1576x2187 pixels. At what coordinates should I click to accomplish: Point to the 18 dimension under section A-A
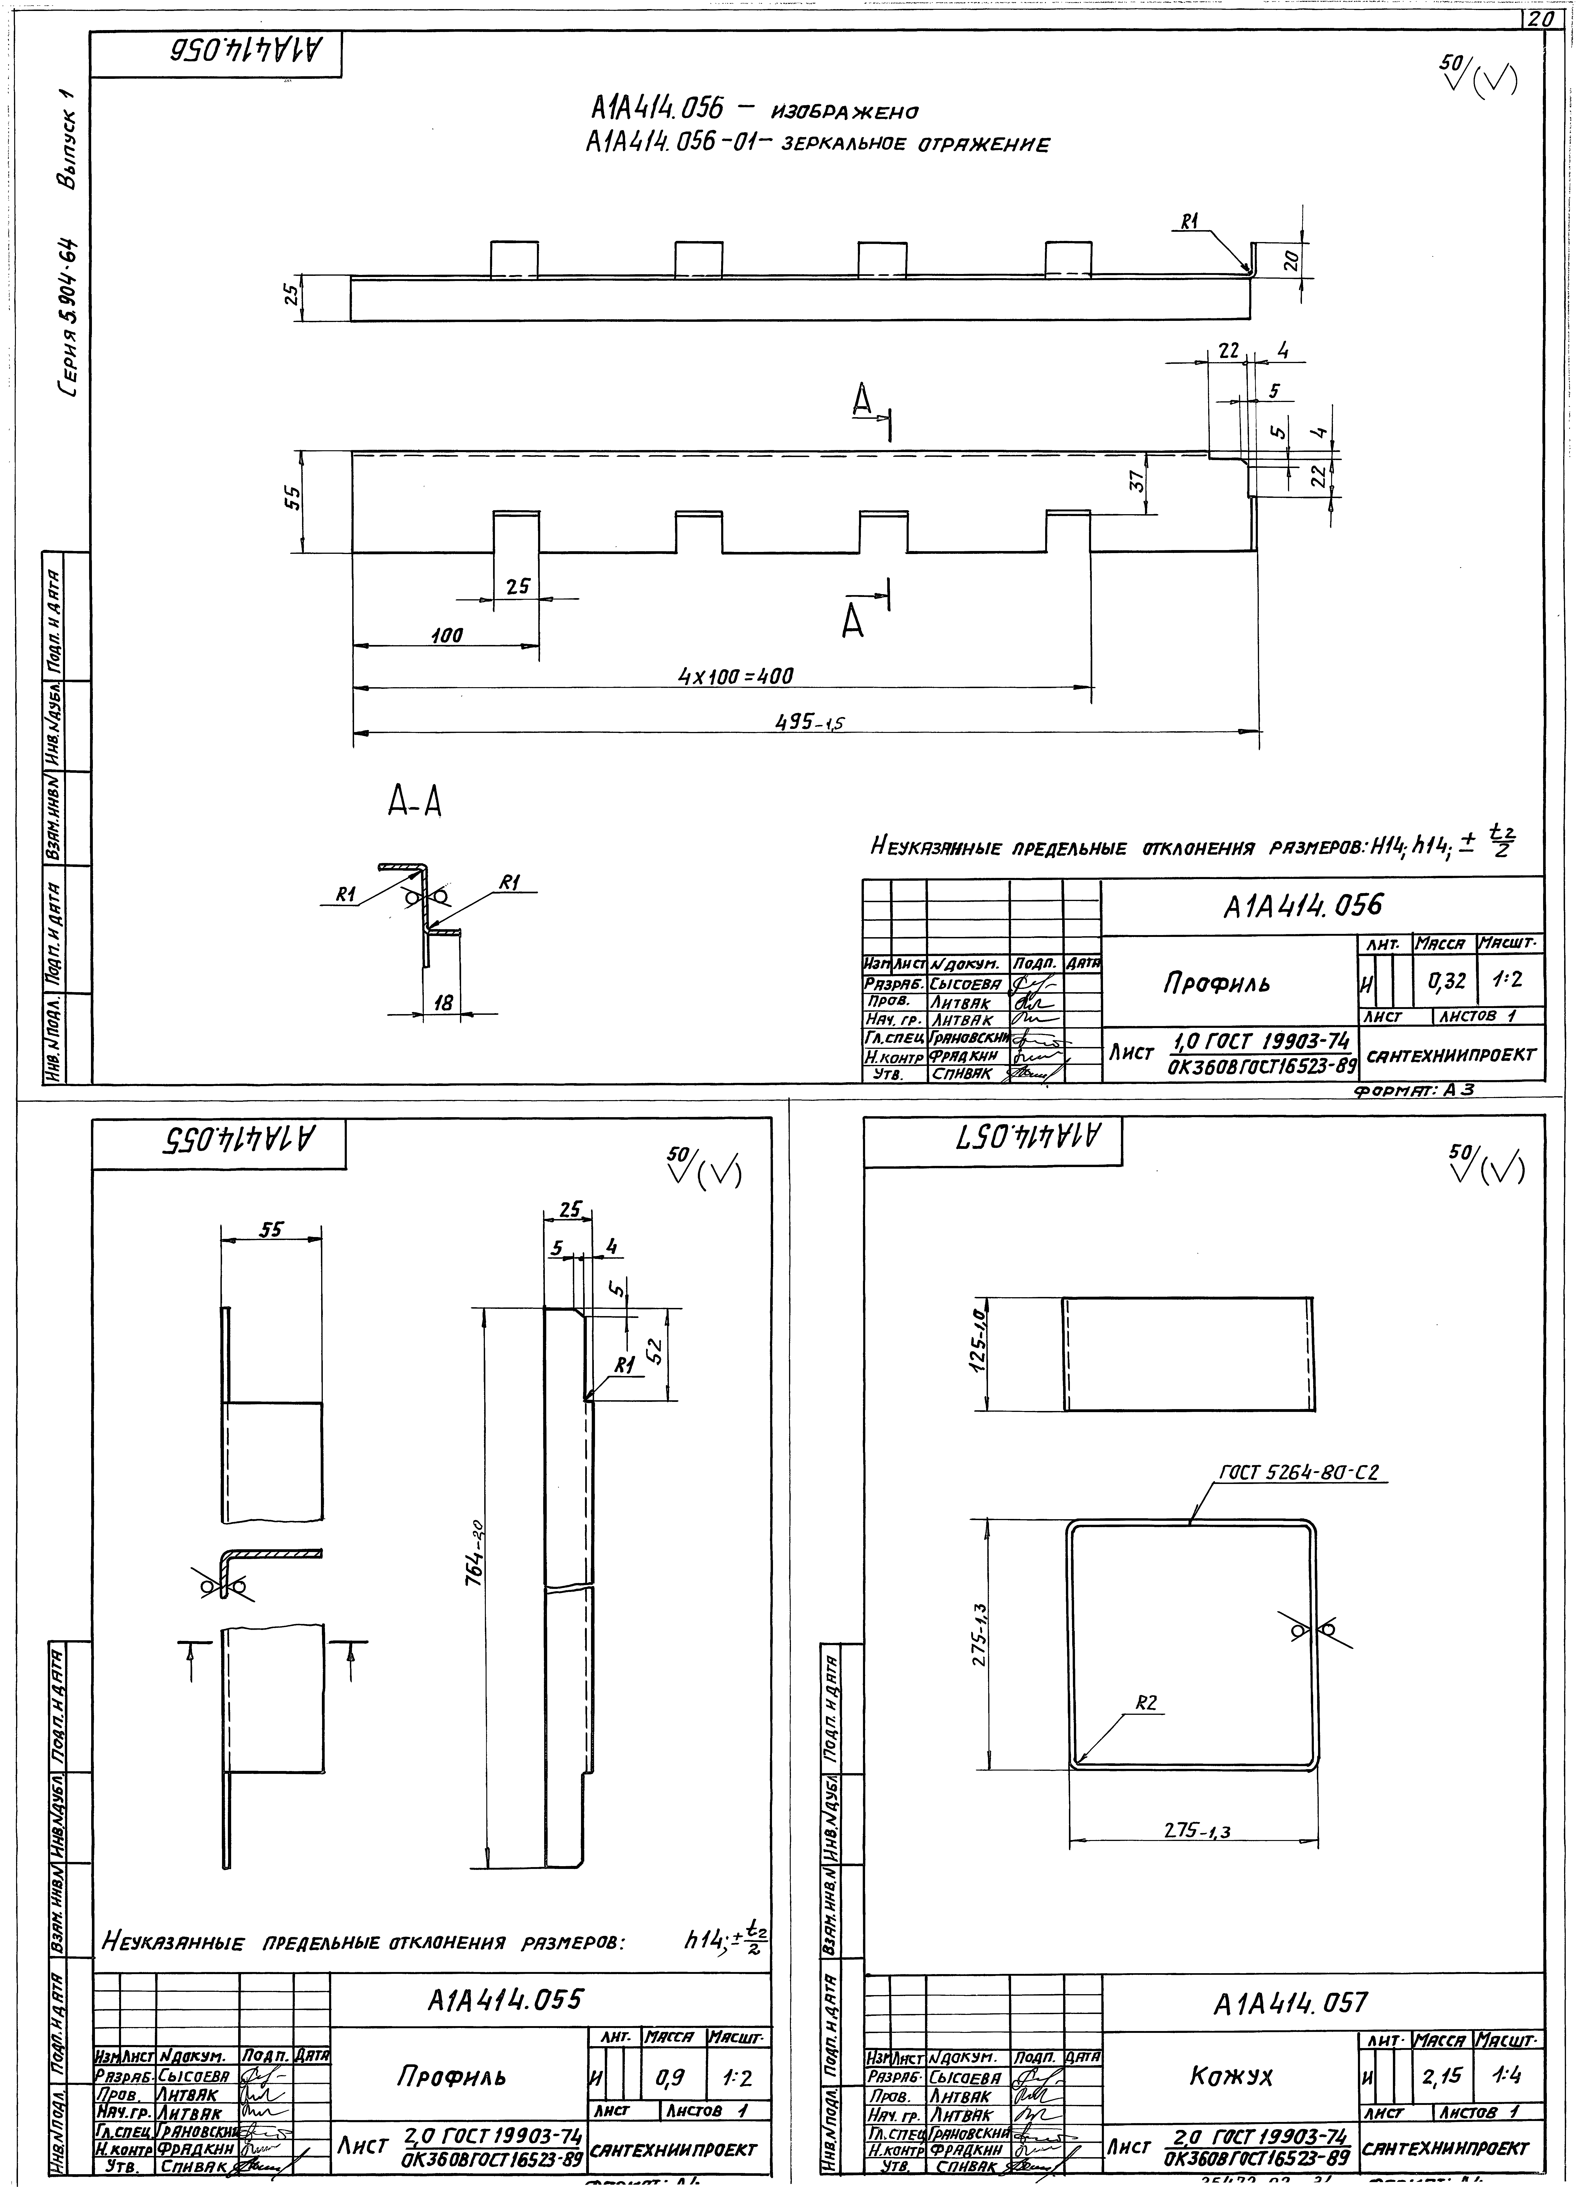(443, 1003)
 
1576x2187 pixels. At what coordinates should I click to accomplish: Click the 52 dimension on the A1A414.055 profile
(653, 1353)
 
